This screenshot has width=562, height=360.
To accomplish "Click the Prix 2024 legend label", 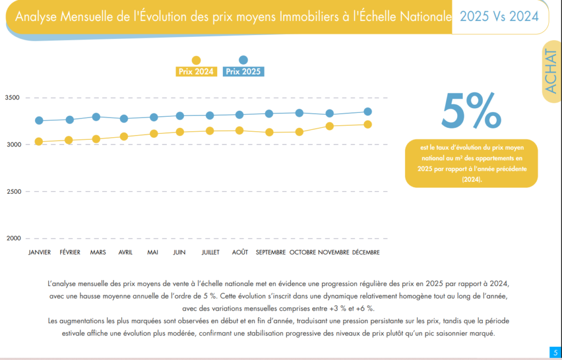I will (196, 71).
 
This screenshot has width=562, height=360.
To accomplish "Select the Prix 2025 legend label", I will (244, 71).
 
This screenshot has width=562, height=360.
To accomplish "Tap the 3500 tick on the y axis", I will (12, 98).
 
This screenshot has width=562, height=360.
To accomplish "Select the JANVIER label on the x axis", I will (40, 252).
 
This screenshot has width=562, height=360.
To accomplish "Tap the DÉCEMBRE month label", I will (366, 252).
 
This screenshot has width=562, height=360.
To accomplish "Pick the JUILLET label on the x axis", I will (210, 252).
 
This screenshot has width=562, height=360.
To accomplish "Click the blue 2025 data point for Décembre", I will (368, 112).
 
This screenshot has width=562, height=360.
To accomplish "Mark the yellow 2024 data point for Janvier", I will (39, 142).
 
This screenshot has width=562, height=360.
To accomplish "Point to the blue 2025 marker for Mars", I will (96, 117).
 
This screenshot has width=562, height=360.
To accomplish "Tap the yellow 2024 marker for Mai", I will (154, 133).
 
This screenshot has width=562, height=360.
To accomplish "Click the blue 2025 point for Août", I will (239, 115).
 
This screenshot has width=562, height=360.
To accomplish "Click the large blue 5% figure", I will (471, 110).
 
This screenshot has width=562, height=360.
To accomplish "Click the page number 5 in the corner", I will (555, 352).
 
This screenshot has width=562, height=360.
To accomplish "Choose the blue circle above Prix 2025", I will (244, 60).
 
